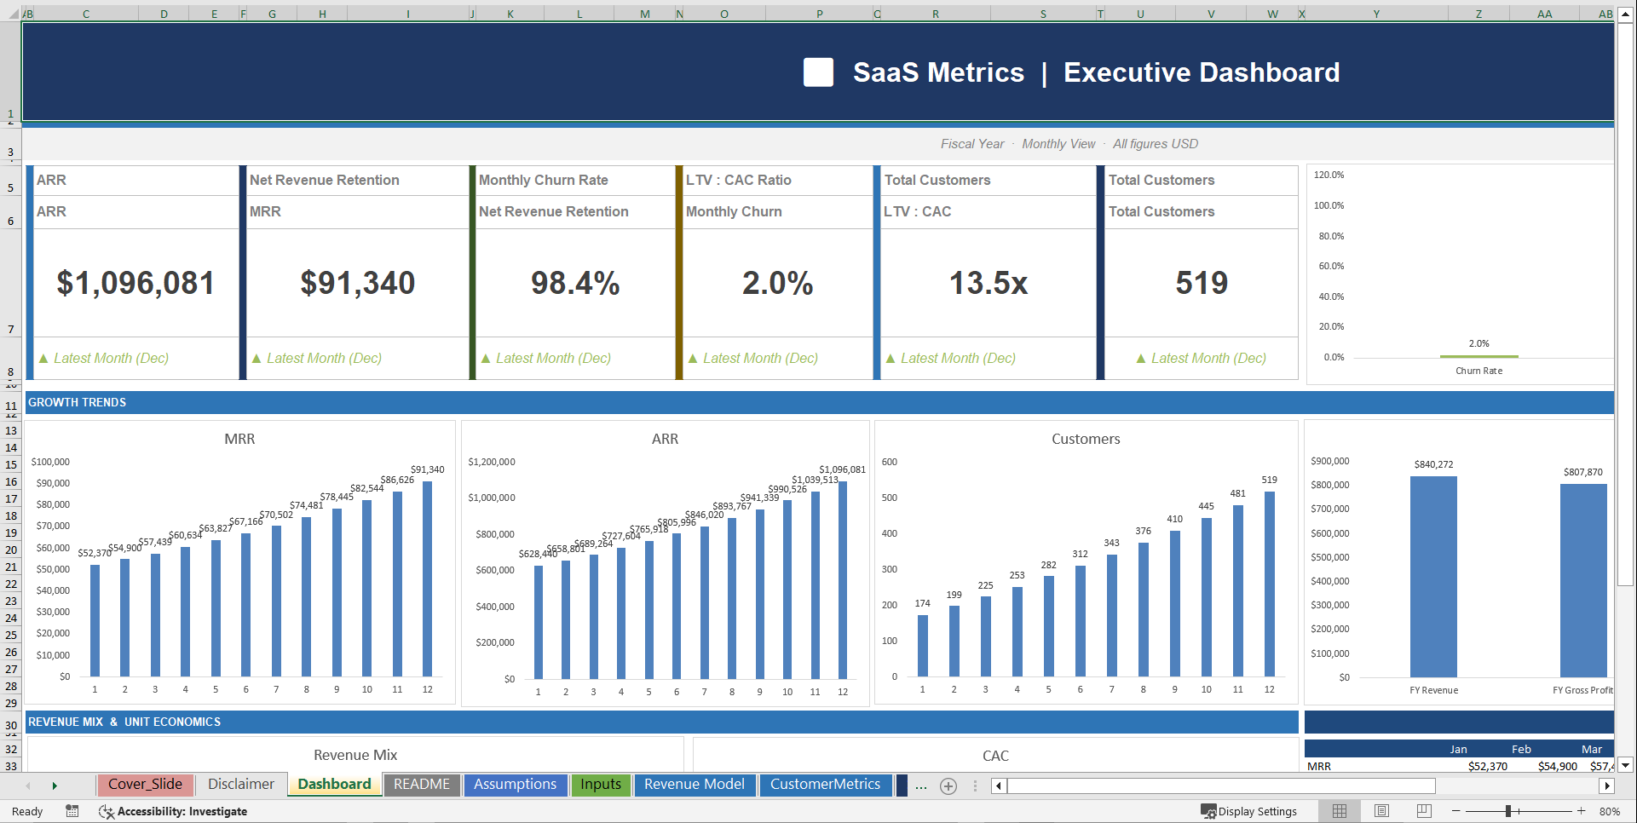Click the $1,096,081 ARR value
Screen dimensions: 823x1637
(x=135, y=283)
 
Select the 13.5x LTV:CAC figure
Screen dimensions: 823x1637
(x=988, y=283)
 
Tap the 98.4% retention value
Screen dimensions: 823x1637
(x=575, y=283)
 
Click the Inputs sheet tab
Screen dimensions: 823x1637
(x=601, y=785)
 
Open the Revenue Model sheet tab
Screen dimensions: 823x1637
(x=694, y=785)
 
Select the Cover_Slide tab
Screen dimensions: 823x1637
(x=145, y=785)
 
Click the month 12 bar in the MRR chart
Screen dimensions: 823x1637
(x=427, y=579)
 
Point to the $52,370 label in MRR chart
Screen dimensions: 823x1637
(x=95, y=553)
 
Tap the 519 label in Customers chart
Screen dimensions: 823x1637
(x=1269, y=480)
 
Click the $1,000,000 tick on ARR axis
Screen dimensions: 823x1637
(x=492, y=498)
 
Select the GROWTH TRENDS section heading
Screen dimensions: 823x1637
(x=78, y=402)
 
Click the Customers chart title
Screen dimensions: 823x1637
(x=1085, y=439)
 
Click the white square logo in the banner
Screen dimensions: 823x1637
(x=818, y=72)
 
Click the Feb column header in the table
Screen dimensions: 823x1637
(x=1521, y=750)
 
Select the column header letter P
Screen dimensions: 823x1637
(x=819, y=14)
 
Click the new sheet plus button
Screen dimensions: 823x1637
(x=948, y=786)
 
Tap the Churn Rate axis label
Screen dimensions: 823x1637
(x=1478, y=371)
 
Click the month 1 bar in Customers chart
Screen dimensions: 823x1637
(x=922, y=645)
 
